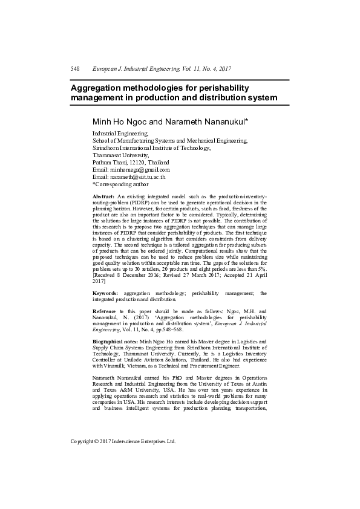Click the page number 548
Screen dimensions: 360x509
[75, 70]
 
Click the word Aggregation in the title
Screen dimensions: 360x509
[97, 88]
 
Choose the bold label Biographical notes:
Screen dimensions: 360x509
[116, 342]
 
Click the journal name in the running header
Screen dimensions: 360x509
[162, 70]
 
